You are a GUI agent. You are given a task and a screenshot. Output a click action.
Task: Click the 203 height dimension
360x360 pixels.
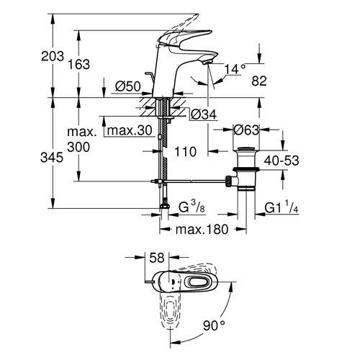pyautogui.click(x=53, y=56)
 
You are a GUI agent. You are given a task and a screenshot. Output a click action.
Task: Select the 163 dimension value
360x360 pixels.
pyautogui.click(x=78, y=64)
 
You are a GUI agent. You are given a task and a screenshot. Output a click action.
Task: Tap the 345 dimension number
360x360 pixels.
pyautogui.click(x=52, y=158)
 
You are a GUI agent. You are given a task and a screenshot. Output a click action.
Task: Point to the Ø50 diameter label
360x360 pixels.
pyautogui.click(x=128, y=86)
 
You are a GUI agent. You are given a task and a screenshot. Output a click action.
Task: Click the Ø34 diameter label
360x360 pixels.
pyautogui.click(x=204, y=114)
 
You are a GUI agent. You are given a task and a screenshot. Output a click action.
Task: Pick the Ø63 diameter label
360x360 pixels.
pyautogui.click(x=246, y=130)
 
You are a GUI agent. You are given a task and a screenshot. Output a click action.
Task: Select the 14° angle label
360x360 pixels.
pyautogui.click(x=235, y=69)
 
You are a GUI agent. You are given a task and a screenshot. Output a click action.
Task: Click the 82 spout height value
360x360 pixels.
pyautogui.click(x=259, y=81)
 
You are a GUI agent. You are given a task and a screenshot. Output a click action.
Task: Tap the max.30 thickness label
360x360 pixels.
pyautogui.click(x=130, y=130)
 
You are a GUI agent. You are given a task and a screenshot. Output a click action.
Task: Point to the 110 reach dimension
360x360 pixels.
pyautogui.click(x=185, y=152)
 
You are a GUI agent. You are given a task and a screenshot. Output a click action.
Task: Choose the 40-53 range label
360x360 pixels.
pyautogui.click(x=282, y=161)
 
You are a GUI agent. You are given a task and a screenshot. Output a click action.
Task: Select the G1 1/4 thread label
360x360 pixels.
pyautogui.click(x=282, y=207)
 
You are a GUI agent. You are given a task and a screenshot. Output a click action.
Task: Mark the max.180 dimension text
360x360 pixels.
pyautogui.click(x=202, y=230)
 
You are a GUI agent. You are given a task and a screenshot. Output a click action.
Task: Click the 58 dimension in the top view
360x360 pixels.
pyautogui.click(x=157, y=258)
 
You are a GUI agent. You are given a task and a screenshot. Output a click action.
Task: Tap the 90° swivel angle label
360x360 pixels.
pyautogui.click(x=215, y=325)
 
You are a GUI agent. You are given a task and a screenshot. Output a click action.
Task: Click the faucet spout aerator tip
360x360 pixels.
pyautogui.click(x=207, y=63)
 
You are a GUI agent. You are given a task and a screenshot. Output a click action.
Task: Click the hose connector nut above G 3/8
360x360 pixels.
pyautogui.click(x=164, y=206)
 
